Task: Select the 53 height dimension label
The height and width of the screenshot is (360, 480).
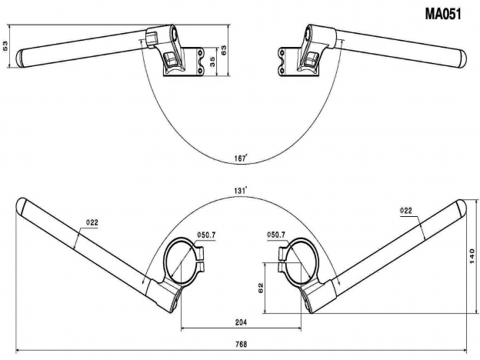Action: (6, 48)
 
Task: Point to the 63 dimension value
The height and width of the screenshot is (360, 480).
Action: (225, 51)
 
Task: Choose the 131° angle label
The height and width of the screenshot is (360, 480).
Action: (241, 189)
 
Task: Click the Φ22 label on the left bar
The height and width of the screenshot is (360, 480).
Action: (92, 223)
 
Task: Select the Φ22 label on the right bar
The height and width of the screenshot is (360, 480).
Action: (406, 210)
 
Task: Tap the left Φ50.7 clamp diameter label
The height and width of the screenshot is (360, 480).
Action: (208, 234)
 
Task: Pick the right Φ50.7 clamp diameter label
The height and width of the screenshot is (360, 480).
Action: (275, 234)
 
